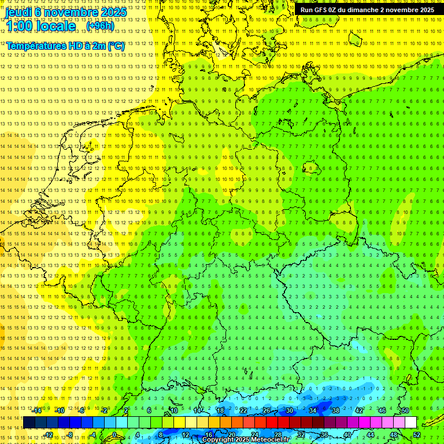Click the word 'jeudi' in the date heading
tap(18, 12)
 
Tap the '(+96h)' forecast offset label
tap(100, 25)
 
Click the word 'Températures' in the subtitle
tap(35, 46)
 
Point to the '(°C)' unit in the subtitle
tap(116, 46)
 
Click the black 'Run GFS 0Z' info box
tap(368, 10)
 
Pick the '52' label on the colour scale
tap(416, 435)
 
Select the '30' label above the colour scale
tap(289, 410)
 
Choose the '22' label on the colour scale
tap(243, 410)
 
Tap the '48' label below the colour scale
tap(393, 435)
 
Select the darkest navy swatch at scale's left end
tap(29, 423)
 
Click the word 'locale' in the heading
tap(55, 26)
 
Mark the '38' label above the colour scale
tap(335, 410)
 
